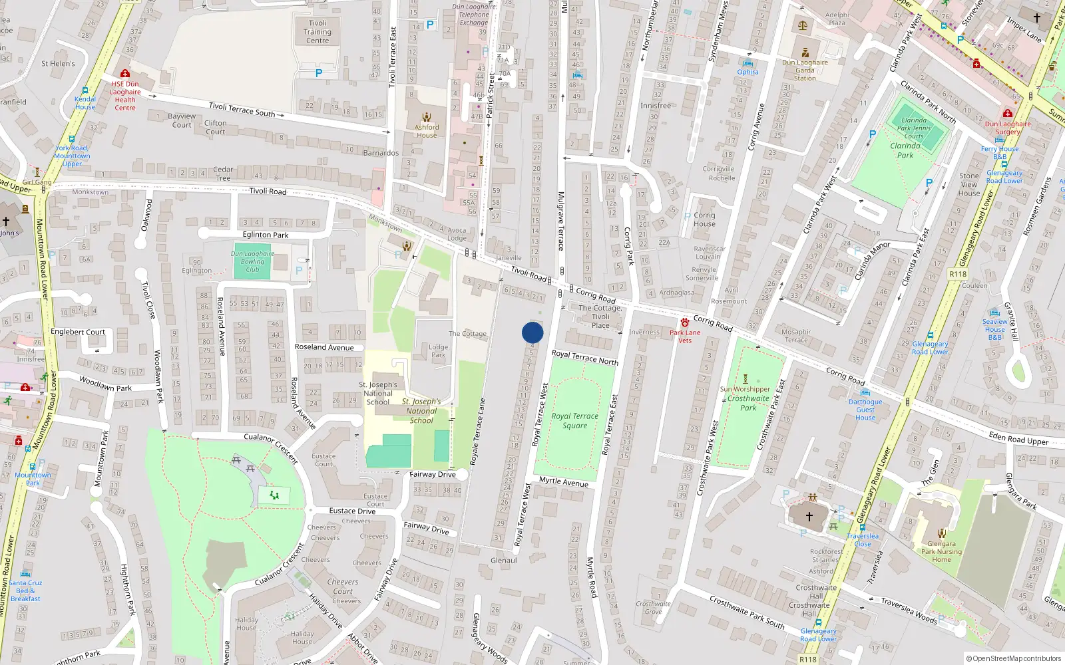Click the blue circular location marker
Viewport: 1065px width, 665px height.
click(x=532, y=332)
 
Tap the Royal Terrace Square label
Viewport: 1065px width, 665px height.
click(x=574, y=420)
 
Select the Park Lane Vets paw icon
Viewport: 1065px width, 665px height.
click(x=685, y=322)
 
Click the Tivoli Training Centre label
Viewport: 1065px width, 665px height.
click(x=318, y=31)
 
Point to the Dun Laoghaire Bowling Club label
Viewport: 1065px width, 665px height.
click(x=252, y=261)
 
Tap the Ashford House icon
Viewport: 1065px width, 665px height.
click(x=427, y=116)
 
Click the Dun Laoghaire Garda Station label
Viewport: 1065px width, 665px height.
click(x=805, y=70)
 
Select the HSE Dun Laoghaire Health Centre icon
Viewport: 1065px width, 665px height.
click(x=124, y=73)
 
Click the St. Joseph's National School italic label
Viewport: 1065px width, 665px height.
click(x=421, y=411)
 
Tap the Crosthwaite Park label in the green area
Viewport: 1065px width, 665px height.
click(x=748, y=403)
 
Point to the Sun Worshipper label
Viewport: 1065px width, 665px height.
click(x=745, y=389)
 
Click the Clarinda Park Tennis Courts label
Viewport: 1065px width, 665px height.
click(x=914, y=128)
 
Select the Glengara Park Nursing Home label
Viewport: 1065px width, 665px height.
click(x=941, y=551)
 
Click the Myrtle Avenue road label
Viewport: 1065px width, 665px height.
click(x=564, y=481)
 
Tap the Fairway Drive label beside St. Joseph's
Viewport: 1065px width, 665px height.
click(x=433, y=474)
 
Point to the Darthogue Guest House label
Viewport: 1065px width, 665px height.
click(x=865, y=410)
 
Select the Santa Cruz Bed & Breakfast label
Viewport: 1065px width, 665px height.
click(x=25, y=591)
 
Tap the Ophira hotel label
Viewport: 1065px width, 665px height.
click(x=747, y=72)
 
